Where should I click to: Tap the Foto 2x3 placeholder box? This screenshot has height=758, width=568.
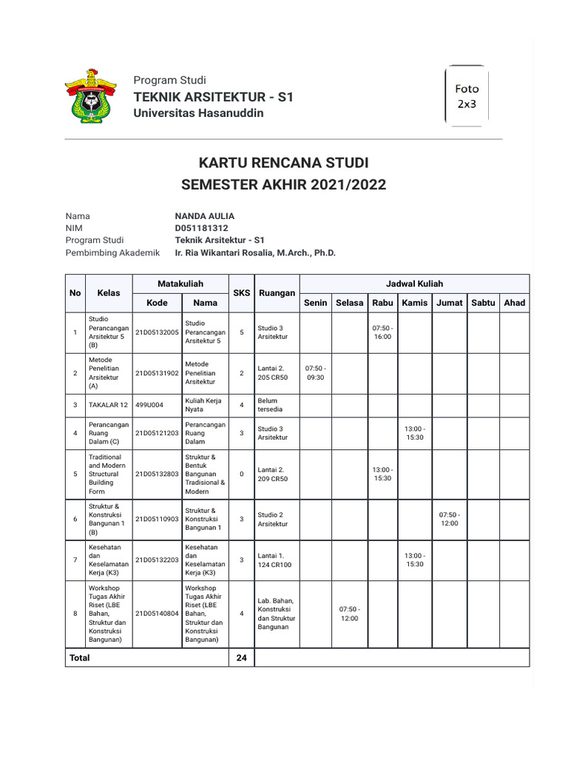(x=467, y=96)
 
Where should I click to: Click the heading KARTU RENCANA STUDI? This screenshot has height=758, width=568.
(x=284, y=163)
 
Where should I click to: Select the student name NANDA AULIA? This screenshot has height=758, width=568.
(x=204, y=216)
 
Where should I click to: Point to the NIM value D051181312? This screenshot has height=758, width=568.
(x=201, y=228)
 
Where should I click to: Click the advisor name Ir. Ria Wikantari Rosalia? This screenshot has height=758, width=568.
(x=255, y=252)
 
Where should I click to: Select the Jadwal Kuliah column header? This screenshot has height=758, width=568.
(x=414, y=284)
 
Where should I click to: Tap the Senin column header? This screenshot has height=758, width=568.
(x=315, y=303)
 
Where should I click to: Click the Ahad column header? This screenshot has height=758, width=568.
(x=514, y=303)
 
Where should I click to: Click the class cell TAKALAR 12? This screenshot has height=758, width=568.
(x=108, y=404)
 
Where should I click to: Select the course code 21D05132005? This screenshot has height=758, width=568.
(x=157, y=332)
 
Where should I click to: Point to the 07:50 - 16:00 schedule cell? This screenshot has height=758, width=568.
(x=382, y=332)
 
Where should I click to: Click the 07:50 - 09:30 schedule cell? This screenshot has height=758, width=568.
(x=315, y=373)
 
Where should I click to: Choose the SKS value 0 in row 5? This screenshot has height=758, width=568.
(x=242, y=474)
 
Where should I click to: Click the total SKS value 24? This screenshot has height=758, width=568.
(x=242, y=657)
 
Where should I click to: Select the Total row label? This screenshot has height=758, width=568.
(x=80, y=657)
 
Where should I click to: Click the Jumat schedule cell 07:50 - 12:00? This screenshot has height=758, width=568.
(x=450, y=519)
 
